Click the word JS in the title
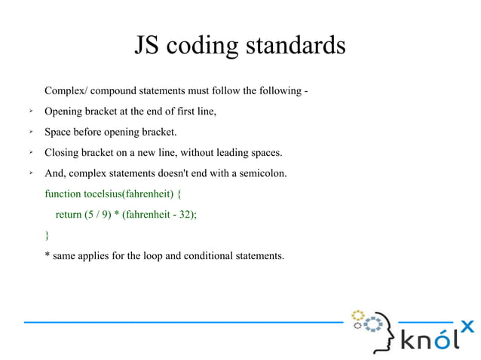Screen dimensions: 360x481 (x=148, y=46)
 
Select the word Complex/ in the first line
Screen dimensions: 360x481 (x=66, y=92)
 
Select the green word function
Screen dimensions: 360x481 (x=63, y=194)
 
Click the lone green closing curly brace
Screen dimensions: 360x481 (x=47, y=235)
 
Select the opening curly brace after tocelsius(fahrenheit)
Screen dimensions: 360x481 (x=179, y=194)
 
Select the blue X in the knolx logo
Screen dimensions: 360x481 (x=467, y=326)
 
